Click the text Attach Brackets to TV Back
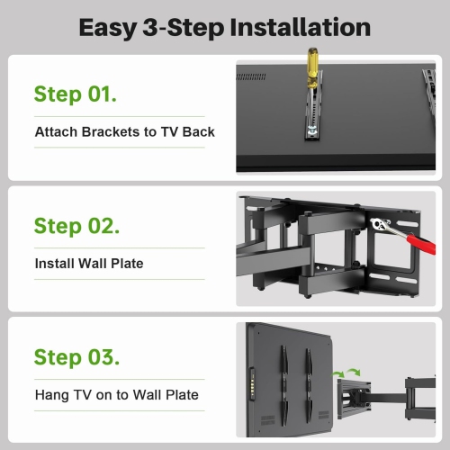pyautogui.click(x=124, y=132)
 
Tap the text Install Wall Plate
pyautogui.click(x=88, y=264)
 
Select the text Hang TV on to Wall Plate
pyautogui.click(x=116, y=394)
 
